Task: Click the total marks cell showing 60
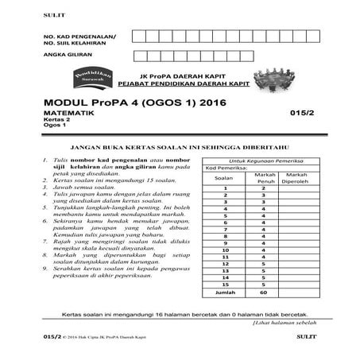coord(262,292)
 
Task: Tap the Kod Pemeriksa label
coord(226,168)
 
